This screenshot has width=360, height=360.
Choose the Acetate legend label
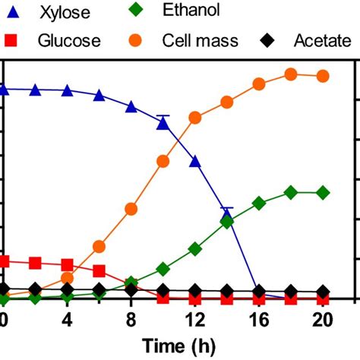[x=321, y=41]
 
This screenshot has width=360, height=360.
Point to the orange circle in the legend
[x=143, y=40]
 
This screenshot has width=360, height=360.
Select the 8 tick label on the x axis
[x=131, y=320]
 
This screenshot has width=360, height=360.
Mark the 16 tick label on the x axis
[x=258, y=320]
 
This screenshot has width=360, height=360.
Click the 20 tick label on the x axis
[x=322, y=320]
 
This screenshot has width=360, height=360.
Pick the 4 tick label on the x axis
[x=67, y=320]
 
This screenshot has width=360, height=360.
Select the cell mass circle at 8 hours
[x=131, y=208]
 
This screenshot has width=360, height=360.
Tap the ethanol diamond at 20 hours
[x=322, y=193]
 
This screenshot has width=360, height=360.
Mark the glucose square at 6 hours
[x=99, y=270]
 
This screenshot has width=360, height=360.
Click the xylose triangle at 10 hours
[x=163, y=123]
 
